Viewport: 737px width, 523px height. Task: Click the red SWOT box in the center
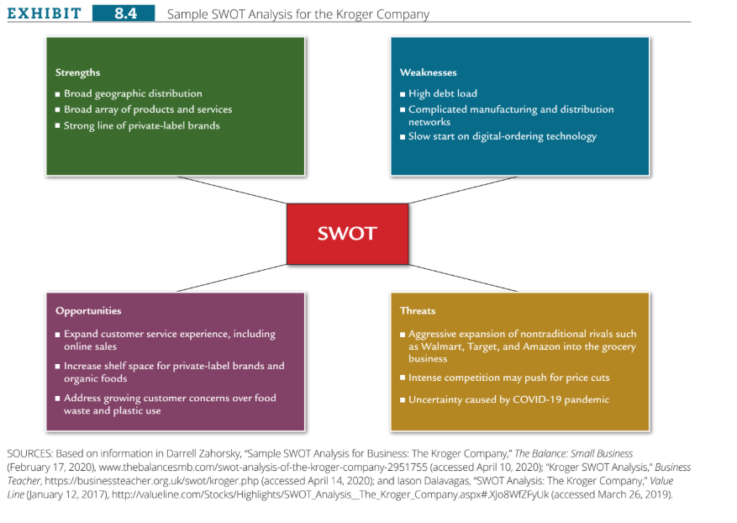pos(347,234)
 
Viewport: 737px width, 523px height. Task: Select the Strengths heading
pos(77,72)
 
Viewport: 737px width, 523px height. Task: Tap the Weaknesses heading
pos(429,72)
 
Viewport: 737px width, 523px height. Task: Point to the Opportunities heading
pos(88,311)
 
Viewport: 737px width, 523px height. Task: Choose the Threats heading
pos(418,310)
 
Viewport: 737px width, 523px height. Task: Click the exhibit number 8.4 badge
pos(124,13)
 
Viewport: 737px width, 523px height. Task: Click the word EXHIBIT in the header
pos(45,13)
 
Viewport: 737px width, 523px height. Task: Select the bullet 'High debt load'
pos(438,93)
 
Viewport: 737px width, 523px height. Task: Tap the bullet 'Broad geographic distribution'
pos(129,93)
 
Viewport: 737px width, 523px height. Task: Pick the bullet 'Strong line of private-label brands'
pos(137,125)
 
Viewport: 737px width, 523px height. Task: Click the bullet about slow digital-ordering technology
pos(498,136)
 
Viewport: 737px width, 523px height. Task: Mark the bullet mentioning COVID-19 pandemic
pos(504,399)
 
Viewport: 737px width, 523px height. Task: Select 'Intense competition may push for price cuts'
pos(504,378)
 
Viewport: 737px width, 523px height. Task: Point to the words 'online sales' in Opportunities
pos(90,346)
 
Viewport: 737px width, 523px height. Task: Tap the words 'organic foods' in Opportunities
pos(96,378)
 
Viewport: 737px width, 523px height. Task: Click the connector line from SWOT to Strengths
pos(232,190)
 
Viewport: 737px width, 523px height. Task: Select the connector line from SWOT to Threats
pos(463,278)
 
